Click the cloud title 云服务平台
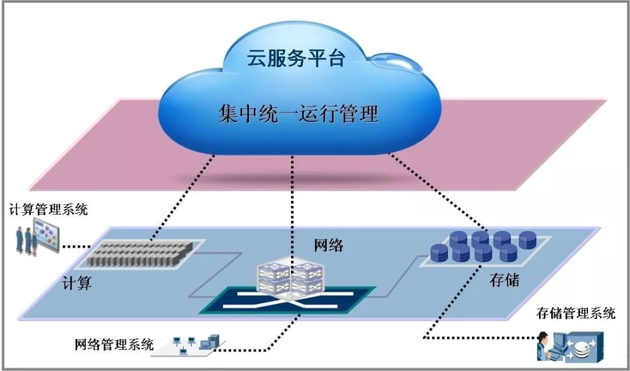(x=296, y=58)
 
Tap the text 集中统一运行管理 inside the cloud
(x=299, y=113)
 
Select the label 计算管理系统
(x=48, y=209)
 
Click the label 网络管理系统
(x=114, y=345)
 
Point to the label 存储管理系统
(x=576, y=313)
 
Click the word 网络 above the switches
(x=328, y=246)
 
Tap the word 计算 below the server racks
(x=77, y=283)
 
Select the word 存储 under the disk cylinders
(x=504, y=280)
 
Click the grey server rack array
(x=140, y=253)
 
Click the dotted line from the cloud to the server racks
(x=183, y=198)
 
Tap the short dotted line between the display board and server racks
(x=76, y=246)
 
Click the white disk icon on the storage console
(x=581, y=349)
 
